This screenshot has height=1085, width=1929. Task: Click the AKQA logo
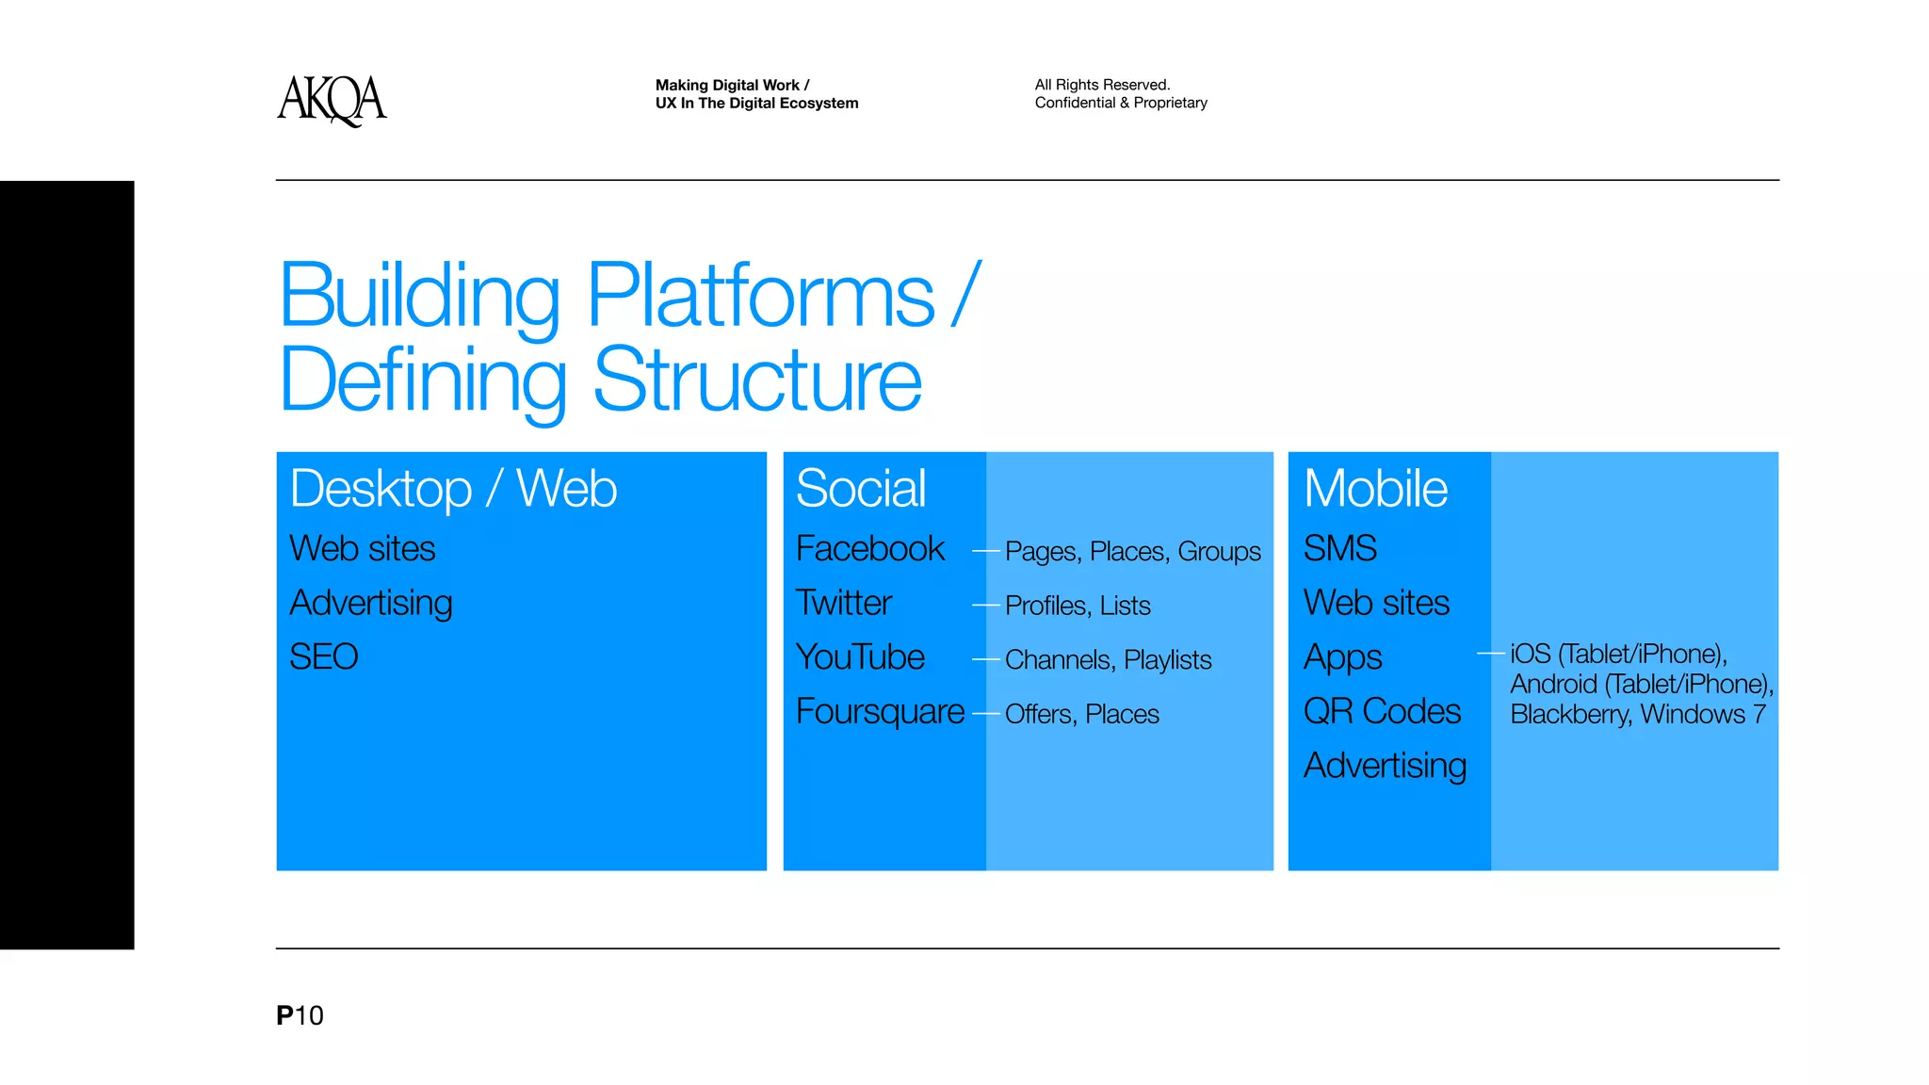(332, 100)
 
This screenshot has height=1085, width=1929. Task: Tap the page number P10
(300, 1015)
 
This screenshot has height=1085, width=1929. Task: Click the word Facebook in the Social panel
(869, 549)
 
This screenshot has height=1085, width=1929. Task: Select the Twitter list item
(843, 603)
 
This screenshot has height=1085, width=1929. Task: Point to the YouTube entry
(860, 657)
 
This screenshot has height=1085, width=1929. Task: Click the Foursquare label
(880, 712)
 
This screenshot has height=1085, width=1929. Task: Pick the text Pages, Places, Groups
(1132, 552)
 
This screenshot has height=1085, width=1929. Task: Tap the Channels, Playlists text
(1108, 660)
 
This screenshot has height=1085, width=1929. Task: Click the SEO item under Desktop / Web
(323, 657)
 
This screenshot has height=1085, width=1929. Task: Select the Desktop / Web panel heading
(453, 489)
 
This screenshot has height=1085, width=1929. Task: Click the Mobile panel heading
(1375, 489)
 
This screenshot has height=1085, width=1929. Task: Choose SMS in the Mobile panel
(1339, 549)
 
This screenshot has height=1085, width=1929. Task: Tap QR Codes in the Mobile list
(1382, 712)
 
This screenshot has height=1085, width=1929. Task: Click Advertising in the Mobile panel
(1385, 766)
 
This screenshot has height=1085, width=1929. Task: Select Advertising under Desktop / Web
(371, 604)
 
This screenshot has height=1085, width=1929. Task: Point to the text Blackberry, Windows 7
(1637, 715)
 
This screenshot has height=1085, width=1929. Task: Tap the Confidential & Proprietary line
(1121, 103)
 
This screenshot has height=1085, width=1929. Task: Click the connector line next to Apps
(1490, 653)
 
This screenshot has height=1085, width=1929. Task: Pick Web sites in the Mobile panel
(1376, 604)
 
